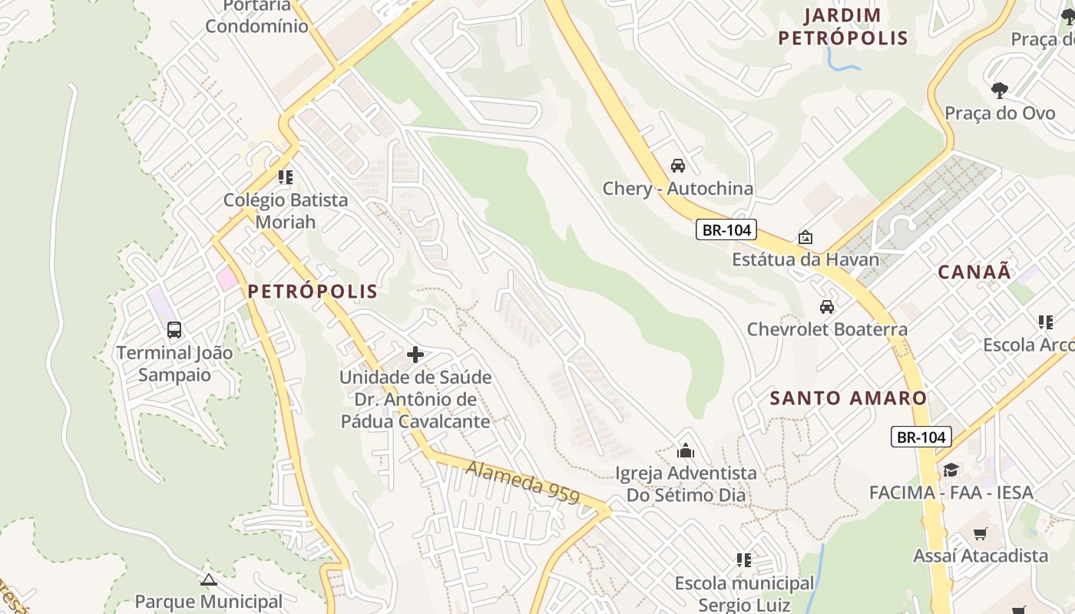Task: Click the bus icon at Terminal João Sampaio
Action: tap(174, 330)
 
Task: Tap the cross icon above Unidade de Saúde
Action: tap(415, 355)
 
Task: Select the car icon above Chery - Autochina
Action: tap(678, 166)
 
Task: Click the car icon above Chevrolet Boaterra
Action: tap(827, 307)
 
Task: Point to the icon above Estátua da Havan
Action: tap(805, 237)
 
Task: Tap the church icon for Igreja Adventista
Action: tap(686, 451)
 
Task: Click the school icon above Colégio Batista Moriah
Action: tap(286, 178)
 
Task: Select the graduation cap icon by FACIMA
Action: tap(951, 470)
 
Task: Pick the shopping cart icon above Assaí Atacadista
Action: tap(981, 533)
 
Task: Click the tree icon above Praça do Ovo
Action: tap(999, 91)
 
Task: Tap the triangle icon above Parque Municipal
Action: tap(208, 579)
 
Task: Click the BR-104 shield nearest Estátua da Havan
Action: tap(726, 229)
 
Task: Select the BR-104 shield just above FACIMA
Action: tap(921, 437)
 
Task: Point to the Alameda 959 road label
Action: tap(523, 482)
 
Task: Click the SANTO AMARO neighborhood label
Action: tap(848, 398)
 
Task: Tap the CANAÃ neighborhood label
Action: tap(974, 272)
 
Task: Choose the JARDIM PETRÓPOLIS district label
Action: tap(843, 27)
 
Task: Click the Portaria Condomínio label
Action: tap(256, 16)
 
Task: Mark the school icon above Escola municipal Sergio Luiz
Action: tap(743, 560)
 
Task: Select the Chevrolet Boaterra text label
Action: tap(827, 329)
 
